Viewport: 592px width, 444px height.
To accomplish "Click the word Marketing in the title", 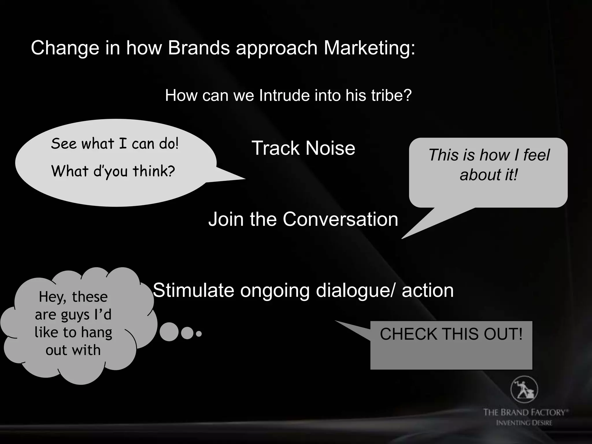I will [x=369, y=48].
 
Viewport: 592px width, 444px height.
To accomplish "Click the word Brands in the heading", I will [x=199, y=48].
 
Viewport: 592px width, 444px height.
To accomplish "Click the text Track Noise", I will [x=303, y=148].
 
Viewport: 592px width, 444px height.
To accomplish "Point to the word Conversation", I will [x=340, y=219].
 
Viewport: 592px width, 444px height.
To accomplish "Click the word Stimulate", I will [x=193, y=290].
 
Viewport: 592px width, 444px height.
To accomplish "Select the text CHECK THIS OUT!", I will [x=451, y=334].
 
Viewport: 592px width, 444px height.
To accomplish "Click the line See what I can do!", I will [x=115, y=144].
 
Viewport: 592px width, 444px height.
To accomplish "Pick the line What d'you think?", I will [x=113, y=171].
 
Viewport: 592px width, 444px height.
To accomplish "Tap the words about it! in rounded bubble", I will [x=488, y=175].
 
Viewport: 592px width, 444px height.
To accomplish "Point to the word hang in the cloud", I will [x=96, y=332].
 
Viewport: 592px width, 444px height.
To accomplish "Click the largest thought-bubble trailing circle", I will [x=169, y=332].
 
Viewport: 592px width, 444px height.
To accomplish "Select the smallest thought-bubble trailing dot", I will [x=199, y=334].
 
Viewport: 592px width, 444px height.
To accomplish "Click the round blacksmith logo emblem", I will [x=524, y=389].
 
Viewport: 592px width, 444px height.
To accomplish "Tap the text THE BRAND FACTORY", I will [x=525, y=412].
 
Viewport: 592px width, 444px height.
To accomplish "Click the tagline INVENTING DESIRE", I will [x=524, y=423].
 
